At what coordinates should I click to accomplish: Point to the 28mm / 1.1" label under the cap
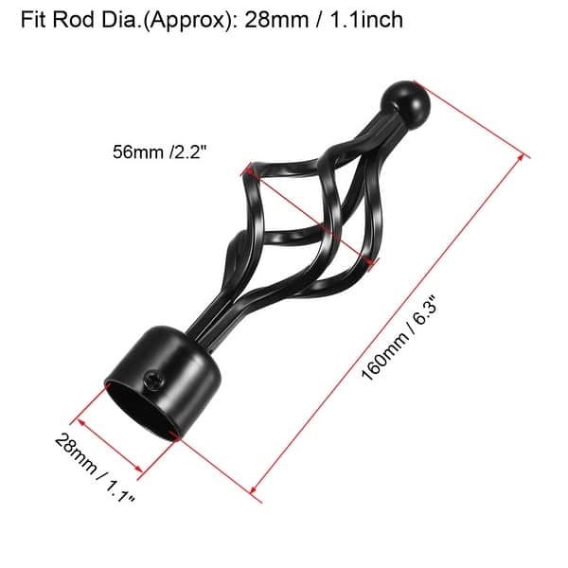(x=95, y=470)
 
